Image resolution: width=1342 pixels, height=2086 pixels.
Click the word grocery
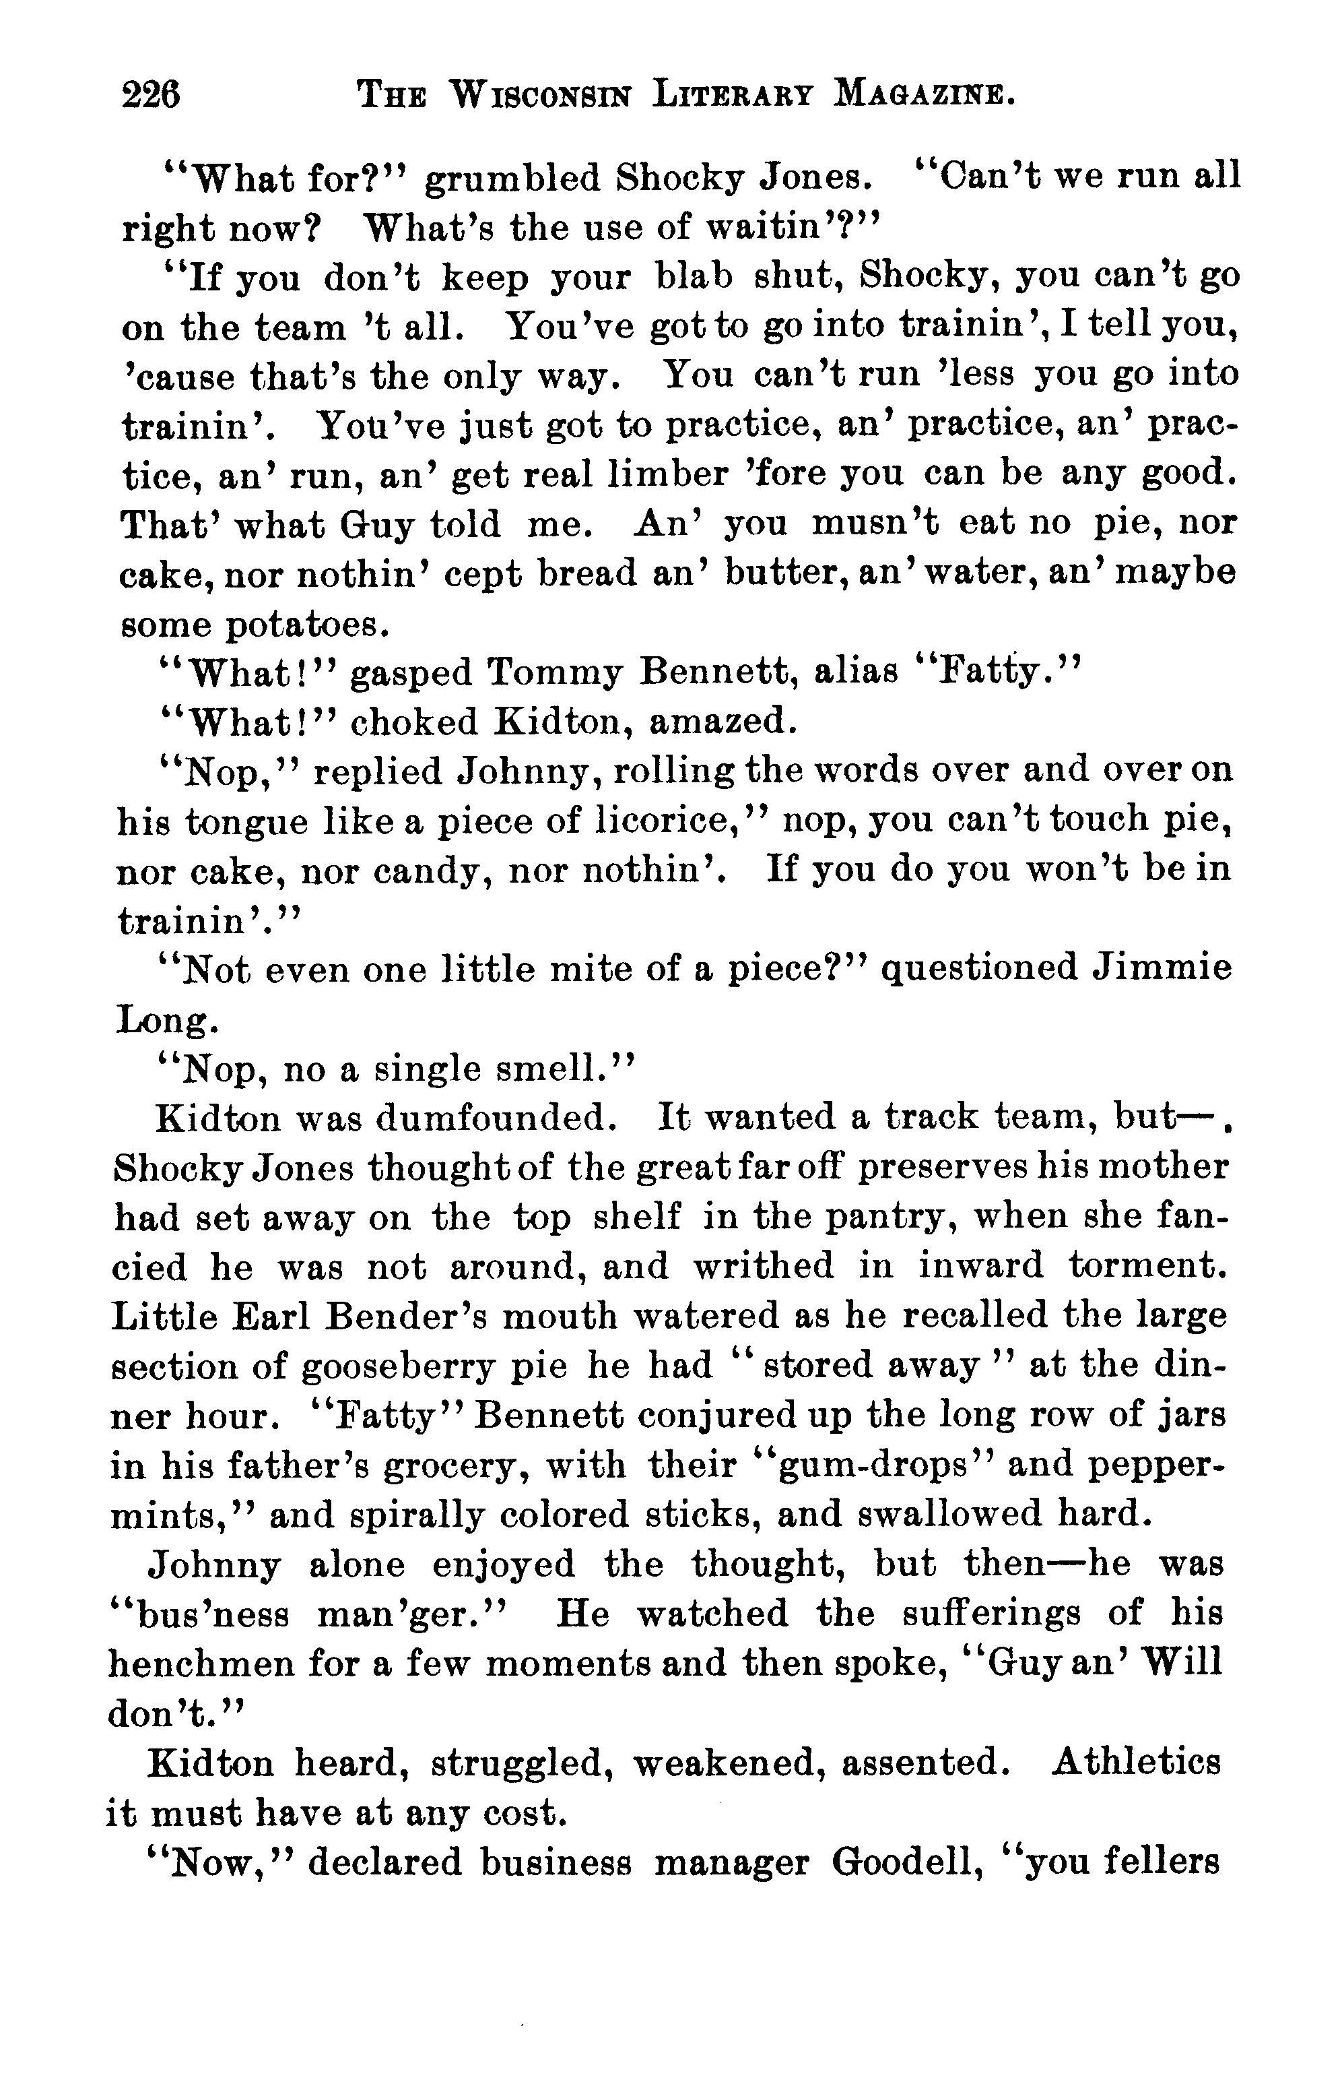pos(450,1465)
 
